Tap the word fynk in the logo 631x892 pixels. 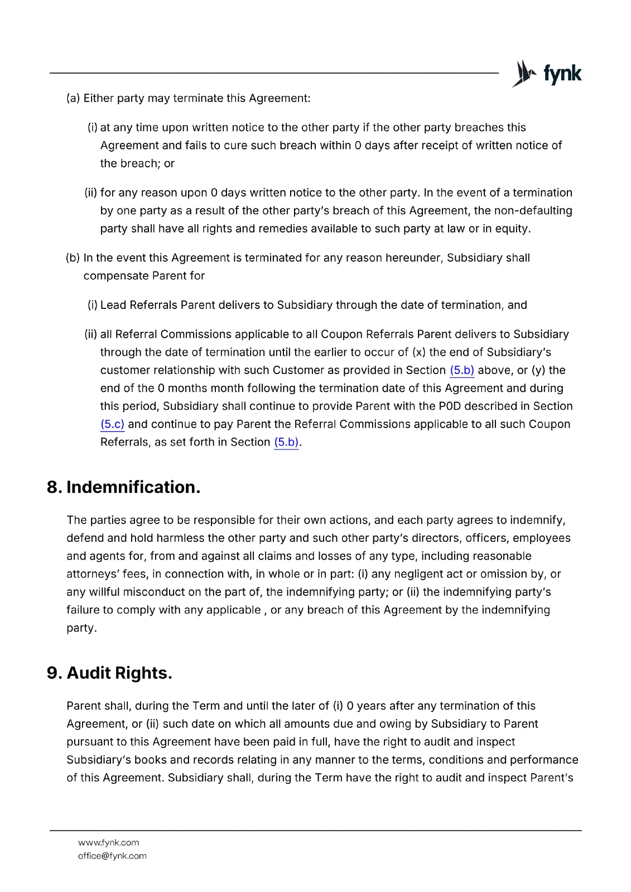[562, 74]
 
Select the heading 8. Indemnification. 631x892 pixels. [123, 487]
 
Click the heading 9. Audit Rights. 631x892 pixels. [109, 673]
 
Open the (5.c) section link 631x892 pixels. [112, 424]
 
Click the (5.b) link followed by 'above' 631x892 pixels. [462, 370]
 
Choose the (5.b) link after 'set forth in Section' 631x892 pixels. [286, 442]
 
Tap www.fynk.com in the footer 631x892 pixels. [108, 842]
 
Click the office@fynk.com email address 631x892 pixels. [112, 856]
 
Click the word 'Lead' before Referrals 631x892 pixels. [113, 305]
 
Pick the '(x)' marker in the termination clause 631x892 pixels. [419, 352]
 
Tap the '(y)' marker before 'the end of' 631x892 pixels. [538, 370]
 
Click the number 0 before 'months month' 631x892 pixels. [161, 388]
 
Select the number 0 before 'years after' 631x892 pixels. [350, 706]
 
